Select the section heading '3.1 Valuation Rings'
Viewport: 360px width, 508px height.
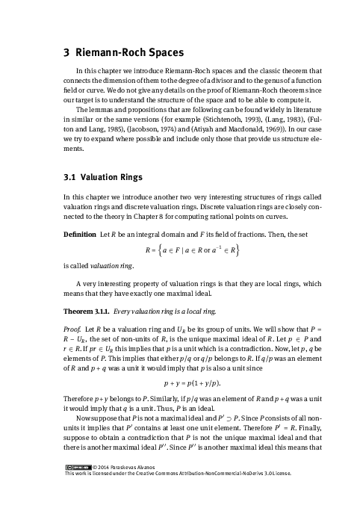pyautogui.click(x=101, y=179)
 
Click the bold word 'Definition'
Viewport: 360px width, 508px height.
pyautogui.click(x=78, y=234)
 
